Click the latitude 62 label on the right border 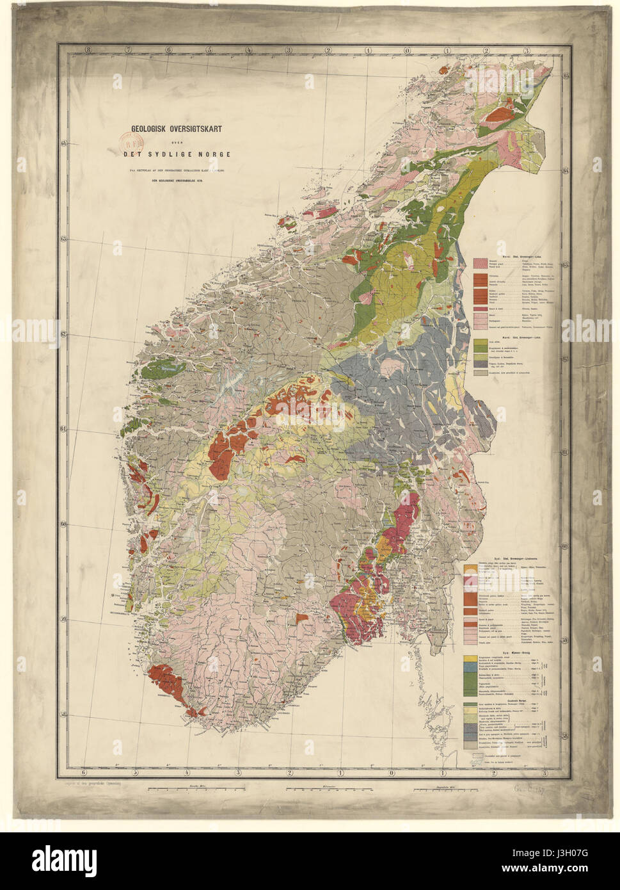(566, 359)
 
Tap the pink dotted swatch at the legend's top (481, 263)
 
